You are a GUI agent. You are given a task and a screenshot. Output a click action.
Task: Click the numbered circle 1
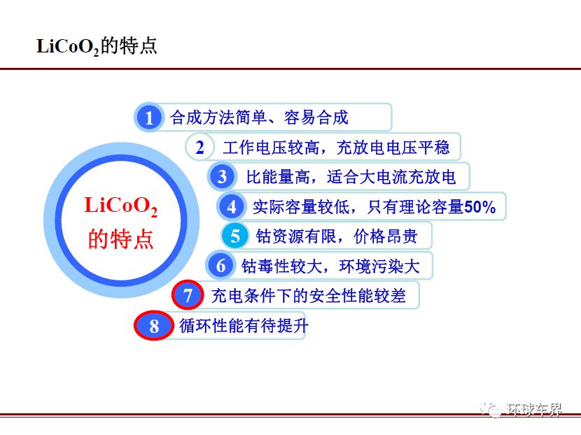(148, 117)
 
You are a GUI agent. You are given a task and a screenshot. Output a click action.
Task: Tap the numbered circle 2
(199, 147)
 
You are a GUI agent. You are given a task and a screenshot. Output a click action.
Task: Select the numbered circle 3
(222, 177)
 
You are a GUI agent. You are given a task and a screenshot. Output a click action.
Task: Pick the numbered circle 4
(232, 206)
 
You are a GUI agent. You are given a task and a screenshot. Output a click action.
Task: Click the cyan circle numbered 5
(235, 236)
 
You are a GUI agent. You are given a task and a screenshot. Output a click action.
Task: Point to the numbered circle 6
(220, 266)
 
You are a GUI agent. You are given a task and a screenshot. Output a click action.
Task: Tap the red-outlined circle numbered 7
(188, 295)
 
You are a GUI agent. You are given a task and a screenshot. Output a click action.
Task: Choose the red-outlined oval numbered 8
(154, 325)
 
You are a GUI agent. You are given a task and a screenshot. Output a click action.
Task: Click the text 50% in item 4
(479, 207)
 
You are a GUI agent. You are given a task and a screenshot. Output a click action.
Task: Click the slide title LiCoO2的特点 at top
(97, 46)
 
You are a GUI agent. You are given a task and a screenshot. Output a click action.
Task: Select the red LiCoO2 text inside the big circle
(121, 206)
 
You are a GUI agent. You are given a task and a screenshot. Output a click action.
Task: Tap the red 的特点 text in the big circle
(121, 238)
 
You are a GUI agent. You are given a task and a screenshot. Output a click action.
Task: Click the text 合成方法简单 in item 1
(218, 117)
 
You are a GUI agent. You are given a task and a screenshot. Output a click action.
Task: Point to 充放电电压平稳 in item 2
(393, 148)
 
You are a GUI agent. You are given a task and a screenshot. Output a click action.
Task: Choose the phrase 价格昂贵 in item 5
(386, 236)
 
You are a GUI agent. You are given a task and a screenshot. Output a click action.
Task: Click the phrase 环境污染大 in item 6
(379, 266)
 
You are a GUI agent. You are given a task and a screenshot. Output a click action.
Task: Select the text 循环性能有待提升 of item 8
(244, 326)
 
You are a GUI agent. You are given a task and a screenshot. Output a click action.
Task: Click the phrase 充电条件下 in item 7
(251, 295)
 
